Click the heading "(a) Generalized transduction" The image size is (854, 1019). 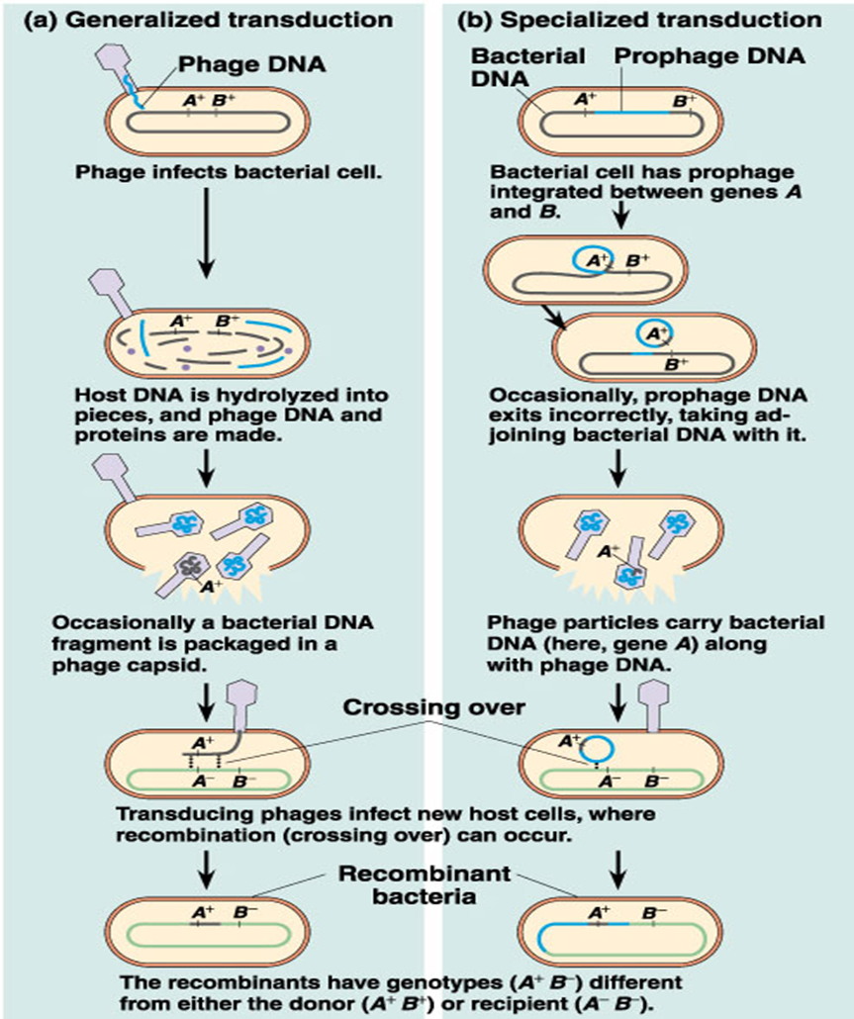[x=202, y=19]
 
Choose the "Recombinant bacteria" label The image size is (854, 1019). [x=426, y=885]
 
